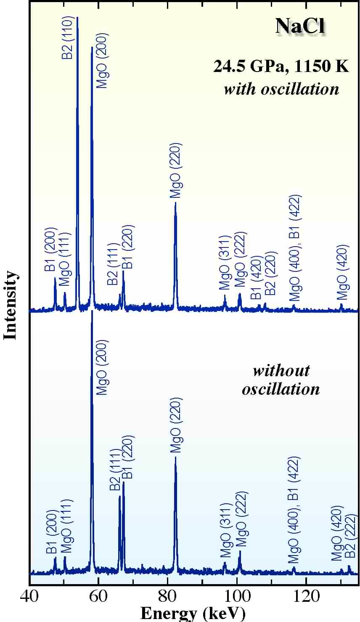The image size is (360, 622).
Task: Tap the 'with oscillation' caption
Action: pyautogui.click(x=281, y=89)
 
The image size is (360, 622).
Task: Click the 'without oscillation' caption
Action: pyautogui.click(x=281, y=379)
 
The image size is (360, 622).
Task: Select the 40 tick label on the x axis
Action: pyautogui.click(x=29, y=598)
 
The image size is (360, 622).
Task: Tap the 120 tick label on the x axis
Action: pyautogui.click(x=306, y=598)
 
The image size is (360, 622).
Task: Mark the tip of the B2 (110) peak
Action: pyautogui.click(x=77, y=18)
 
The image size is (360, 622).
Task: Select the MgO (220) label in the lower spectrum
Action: pyautogui.click(x=176, y=425)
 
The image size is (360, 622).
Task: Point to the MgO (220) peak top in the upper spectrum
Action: pyautogui.click(x=175, y=203)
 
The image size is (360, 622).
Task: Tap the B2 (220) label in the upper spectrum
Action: pyautogui.click(x=269, y=274)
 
